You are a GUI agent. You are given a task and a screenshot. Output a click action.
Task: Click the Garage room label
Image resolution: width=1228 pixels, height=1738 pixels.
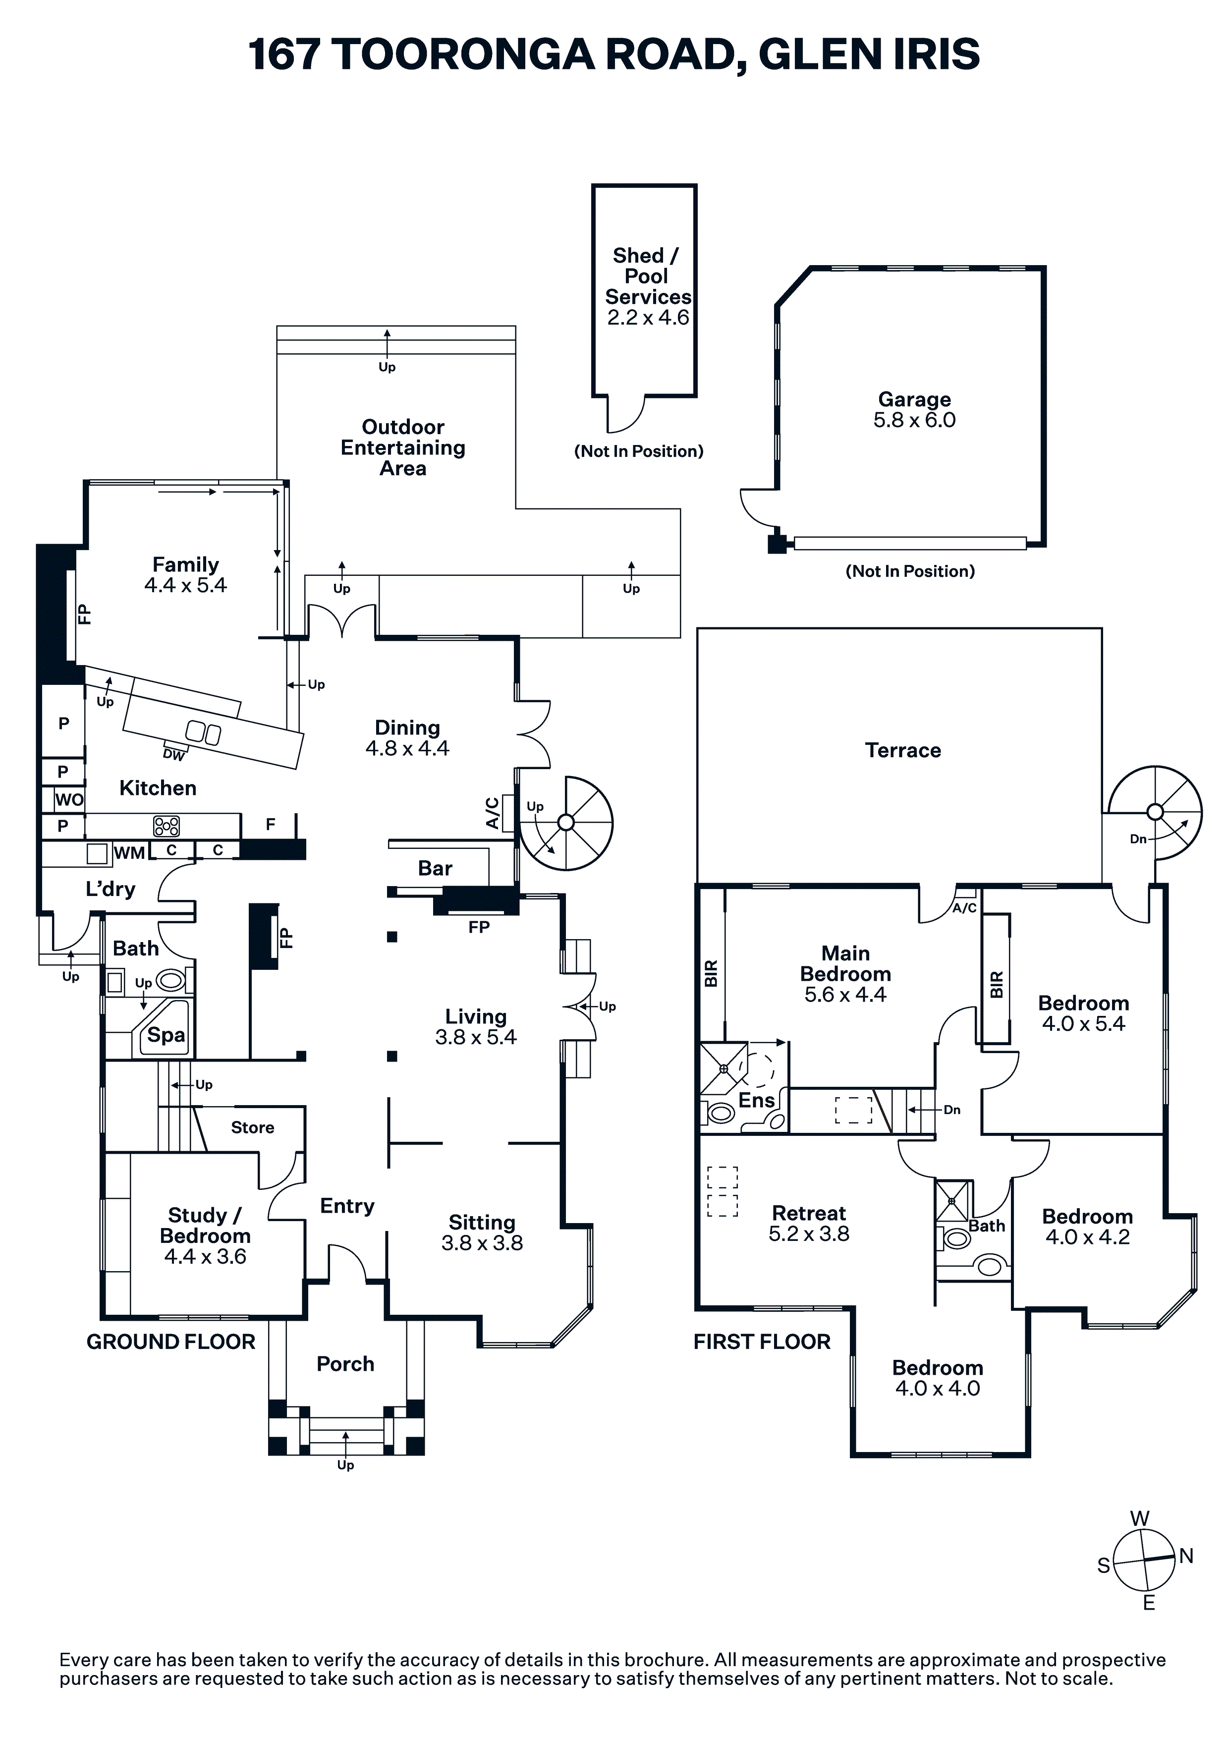click(x=914, y=399)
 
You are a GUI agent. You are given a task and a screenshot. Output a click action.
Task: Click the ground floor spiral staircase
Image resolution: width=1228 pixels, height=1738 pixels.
click(x=566, y=823)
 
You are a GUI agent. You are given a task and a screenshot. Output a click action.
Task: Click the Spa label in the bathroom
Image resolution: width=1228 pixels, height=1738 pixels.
click(x=166, y=1035)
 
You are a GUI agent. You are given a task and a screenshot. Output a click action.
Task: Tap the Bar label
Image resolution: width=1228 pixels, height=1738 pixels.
click(x=435, y=868)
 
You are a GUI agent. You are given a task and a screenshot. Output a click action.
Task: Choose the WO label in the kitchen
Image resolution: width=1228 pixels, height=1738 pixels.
click(x=69, y=799)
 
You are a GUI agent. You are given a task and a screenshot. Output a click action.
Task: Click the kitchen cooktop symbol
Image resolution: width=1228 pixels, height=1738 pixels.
click(x=167, y=825)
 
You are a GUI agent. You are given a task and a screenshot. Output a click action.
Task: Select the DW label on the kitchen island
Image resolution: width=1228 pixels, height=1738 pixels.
click(x=173, y=755)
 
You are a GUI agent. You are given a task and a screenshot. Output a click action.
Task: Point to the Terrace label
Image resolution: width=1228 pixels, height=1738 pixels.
click(x=902, y=750)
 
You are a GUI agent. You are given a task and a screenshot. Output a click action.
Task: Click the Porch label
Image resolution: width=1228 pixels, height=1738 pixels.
click(x=345, y=1363)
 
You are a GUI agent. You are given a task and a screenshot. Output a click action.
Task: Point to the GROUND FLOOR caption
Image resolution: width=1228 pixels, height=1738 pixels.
click(x=171, y=1342)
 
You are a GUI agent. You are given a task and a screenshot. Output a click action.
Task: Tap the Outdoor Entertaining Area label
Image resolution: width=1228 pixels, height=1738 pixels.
click(x=403, y=448)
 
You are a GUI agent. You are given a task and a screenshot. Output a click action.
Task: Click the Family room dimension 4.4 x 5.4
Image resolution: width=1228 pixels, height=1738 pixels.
click(x=185, y=585)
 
